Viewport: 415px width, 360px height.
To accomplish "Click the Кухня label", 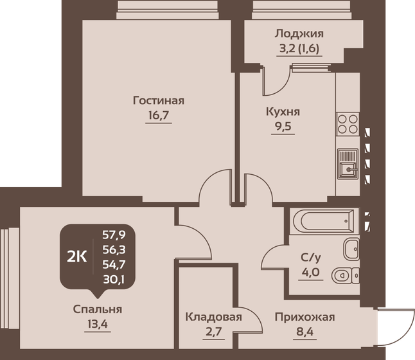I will (x=283, y=111).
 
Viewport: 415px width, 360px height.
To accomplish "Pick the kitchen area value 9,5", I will (x=283, y=127).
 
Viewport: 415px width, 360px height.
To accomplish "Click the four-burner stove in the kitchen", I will (x=348, y=123).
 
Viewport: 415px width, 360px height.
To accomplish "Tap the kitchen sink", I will (x=348, y=164).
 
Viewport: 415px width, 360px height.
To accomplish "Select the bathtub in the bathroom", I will (x=323, y=222).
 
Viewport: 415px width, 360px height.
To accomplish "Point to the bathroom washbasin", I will (x=351, y=249).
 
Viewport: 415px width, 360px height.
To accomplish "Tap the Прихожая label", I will (x=305, y=317).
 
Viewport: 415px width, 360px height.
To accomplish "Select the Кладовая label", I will (x=213, y=317).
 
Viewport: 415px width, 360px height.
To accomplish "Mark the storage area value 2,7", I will (x=213, y=333).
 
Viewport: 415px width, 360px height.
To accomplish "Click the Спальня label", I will (x=97, y=309).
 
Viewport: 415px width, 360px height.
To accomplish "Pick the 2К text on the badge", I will (x=77, y=256).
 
